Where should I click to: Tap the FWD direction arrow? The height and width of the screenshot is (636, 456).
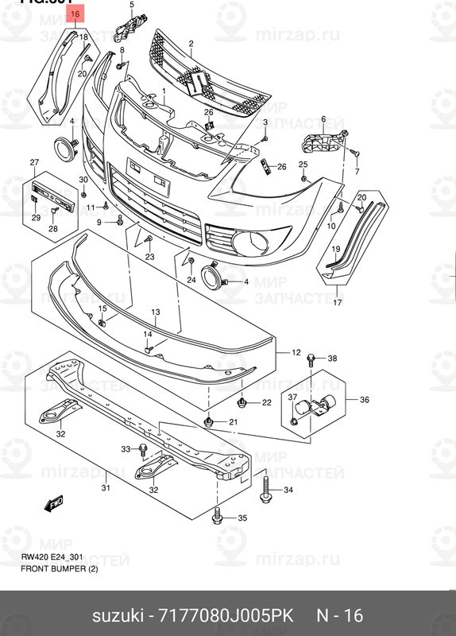point(55,502)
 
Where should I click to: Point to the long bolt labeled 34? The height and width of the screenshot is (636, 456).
point(265,488)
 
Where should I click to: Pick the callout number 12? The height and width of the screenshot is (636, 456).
point(296,352)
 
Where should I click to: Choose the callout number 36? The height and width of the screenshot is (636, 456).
point(365,399)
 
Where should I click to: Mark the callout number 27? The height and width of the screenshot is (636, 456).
point(34,163)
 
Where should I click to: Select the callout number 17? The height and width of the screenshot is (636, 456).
point(337,303)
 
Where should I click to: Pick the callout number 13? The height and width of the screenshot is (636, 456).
point(156,312)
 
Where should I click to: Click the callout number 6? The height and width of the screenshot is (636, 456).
point(323,119)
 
